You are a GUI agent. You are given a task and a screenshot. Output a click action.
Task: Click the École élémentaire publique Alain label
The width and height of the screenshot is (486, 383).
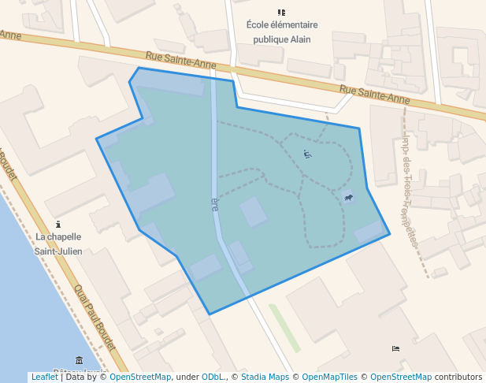(x=281, y=32)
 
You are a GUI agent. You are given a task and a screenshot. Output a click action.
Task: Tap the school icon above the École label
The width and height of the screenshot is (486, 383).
(x=281, y=12)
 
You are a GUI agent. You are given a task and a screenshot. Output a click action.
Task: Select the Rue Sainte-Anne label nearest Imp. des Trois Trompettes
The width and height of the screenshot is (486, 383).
(x=375, y=95)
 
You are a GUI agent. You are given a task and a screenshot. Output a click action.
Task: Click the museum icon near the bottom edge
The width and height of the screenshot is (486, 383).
(x=79, y=360)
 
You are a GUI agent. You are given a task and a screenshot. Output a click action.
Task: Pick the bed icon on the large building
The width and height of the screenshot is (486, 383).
(x=395, y=348)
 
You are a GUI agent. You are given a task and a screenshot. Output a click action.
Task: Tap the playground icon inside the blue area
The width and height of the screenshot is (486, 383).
(x=307, y=154)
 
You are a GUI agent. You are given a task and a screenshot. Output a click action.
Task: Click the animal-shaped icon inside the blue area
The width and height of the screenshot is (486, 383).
(x=348, y=197)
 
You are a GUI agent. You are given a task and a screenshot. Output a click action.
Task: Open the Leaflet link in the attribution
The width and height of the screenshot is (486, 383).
(x=44, y=377)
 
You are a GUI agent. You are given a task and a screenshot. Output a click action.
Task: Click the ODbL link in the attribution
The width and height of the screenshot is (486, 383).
(x=213, y=377)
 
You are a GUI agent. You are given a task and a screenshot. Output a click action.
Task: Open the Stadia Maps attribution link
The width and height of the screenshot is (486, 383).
(x=264, y=377)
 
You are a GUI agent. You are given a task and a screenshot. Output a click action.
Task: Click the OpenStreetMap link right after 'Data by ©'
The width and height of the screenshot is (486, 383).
(x=140, y=377)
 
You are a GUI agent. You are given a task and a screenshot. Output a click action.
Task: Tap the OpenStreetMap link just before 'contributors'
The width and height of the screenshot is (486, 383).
(x=400, y=377)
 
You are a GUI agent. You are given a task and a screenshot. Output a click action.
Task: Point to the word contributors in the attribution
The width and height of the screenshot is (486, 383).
(x=458, y=377)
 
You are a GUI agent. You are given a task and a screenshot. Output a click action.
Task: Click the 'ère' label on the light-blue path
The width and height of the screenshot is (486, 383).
(x=214, y=203)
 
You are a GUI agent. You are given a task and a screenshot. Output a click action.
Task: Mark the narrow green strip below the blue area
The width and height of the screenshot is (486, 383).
(x=284, y=327)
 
